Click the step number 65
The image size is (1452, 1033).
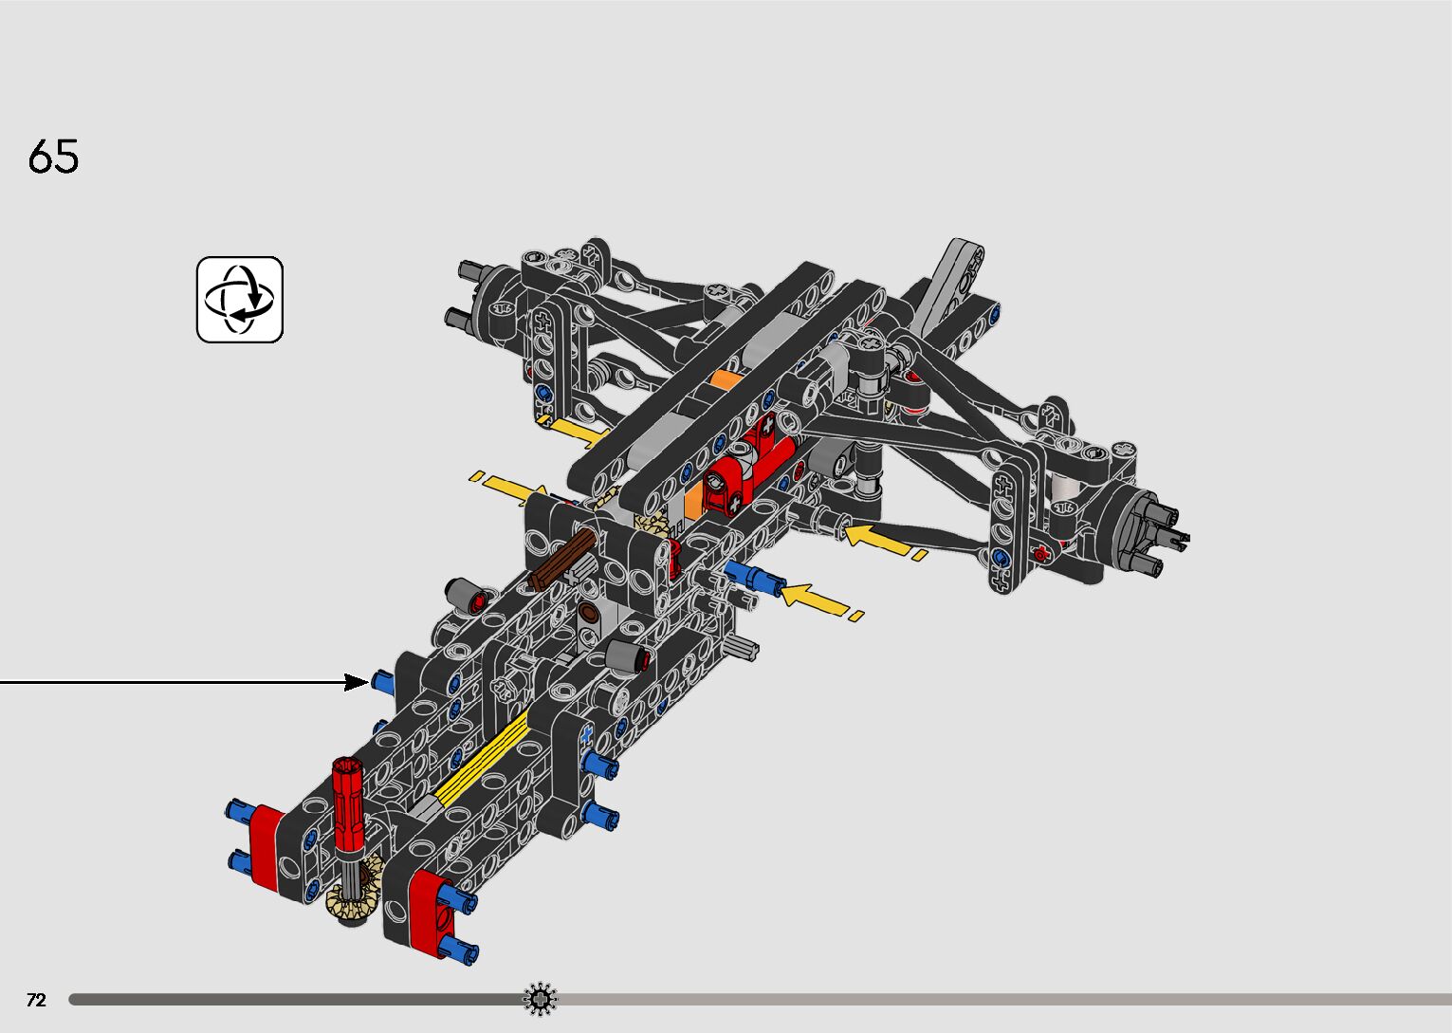(53, 157)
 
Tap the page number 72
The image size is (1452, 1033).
(36, 1000)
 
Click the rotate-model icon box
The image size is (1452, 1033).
(240, 300)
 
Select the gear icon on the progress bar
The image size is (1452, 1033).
(540, 999)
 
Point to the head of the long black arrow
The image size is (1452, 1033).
(358, 682)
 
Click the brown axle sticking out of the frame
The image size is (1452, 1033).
(561, 558)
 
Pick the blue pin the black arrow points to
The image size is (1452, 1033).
(382, 681)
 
